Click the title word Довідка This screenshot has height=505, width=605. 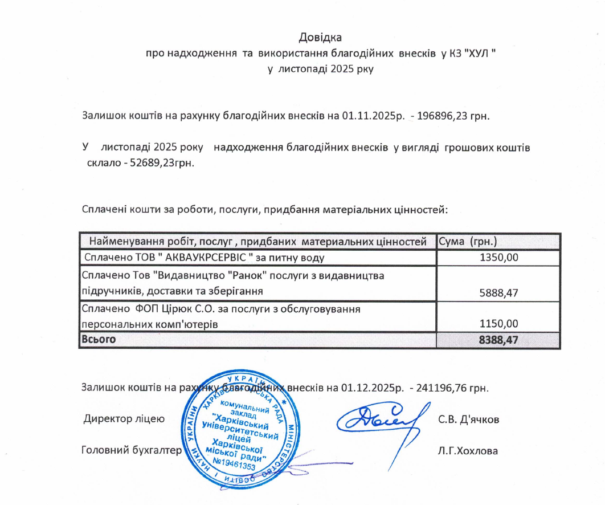(x=320, y=39)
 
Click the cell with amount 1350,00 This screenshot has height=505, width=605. (x=499, y=258)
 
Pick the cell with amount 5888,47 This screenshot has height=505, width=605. (x=499, y=292)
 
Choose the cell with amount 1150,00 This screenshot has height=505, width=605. (x=499, y=323)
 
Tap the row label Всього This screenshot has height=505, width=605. (x=99, y=340)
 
